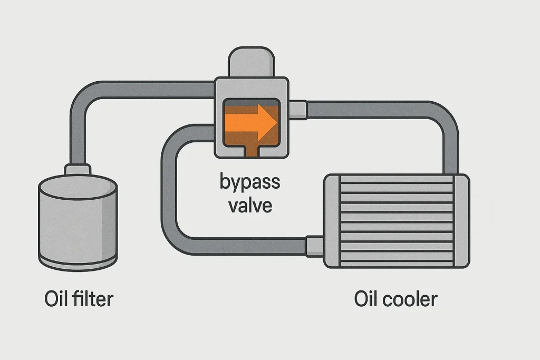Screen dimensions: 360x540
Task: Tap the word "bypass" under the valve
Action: [250, 183]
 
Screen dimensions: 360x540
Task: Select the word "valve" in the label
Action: [250, 205]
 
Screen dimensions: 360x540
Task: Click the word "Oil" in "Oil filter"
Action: [57, 299]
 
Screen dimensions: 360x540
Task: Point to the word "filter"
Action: [93, 299]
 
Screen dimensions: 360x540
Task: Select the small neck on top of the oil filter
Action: [78, 170]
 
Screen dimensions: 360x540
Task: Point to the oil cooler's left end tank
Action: [332, 221]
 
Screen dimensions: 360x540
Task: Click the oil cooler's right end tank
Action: [461, 221]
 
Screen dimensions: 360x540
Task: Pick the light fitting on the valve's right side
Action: [298, 109]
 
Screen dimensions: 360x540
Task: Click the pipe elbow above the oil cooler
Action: [446, 119]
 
